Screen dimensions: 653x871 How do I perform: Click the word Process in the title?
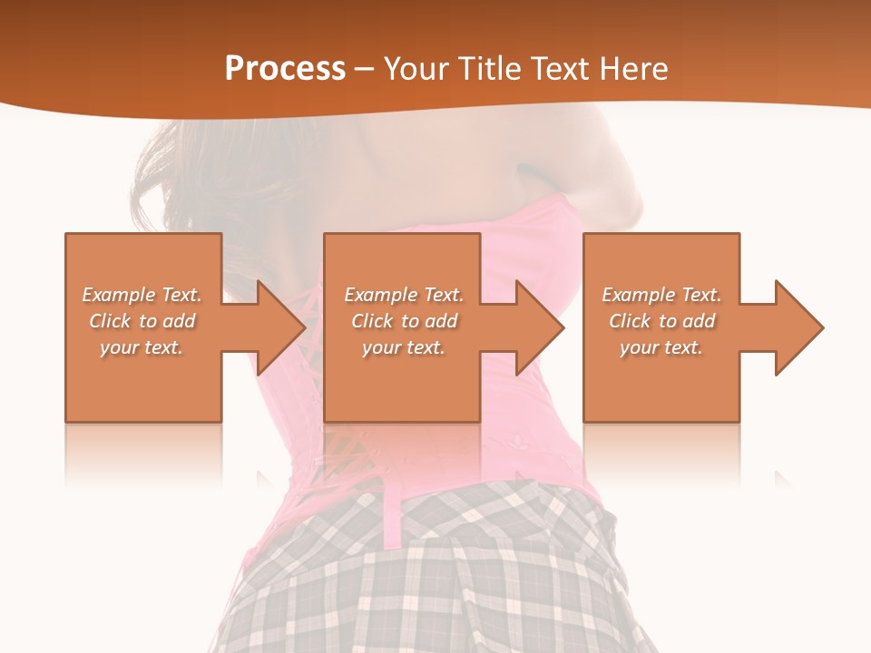(285, 69)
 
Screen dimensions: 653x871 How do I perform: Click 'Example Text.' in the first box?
(142, 295)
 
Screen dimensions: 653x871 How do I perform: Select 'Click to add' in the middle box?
(404, 321)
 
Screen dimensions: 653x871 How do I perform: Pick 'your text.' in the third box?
(661, 347)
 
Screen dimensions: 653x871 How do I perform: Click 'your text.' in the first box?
(142, 347)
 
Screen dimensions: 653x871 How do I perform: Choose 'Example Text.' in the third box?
(661, 295)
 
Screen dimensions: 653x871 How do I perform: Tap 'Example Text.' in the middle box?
(404, 295)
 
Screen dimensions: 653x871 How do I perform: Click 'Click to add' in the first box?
(142, 321)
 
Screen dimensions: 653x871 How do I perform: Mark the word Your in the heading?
(413, 69)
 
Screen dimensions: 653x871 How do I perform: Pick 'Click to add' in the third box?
(661, 321)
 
